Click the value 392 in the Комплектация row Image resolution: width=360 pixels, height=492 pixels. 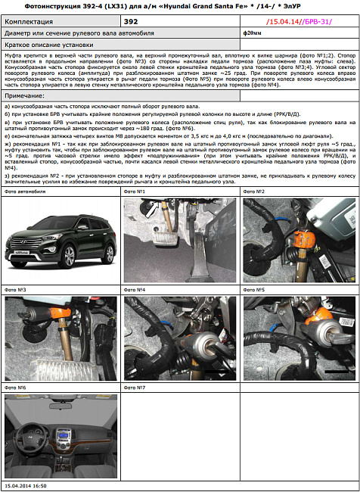pyautogui.click(x=131, y=22)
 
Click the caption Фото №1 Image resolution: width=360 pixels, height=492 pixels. pyautogui.click(x=135, y=192)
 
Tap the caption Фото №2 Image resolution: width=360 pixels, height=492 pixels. pyautogui.click(x=254, y=192)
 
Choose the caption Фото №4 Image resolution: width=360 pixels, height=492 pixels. pyautogui.click(x=135, y=290)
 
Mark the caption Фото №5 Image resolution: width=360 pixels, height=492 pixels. pyautogui.click(x=254, y=290)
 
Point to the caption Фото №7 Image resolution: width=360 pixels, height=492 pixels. pyautogui.click(x=135, y=388)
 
